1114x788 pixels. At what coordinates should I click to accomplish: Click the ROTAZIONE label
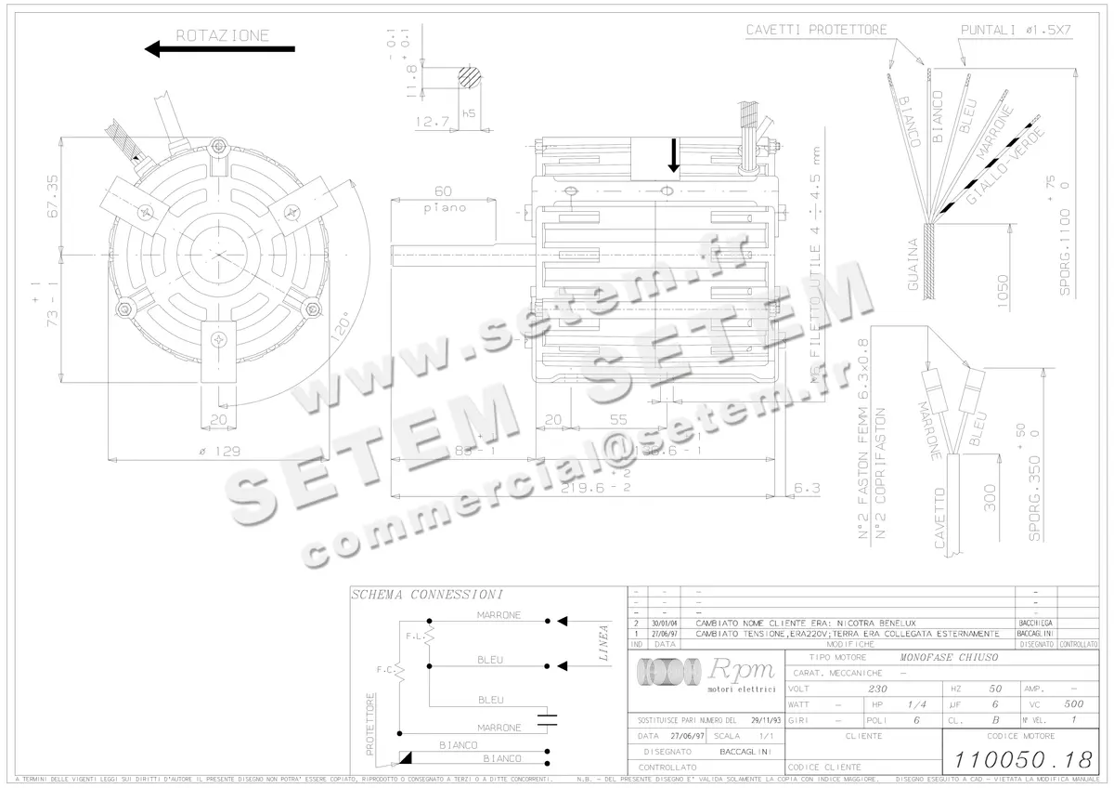point(223,36)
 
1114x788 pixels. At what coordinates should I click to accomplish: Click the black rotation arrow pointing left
point(219,49)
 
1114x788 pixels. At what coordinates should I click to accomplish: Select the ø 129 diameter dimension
point(221,452)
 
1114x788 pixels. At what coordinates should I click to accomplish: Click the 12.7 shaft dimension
point(433,121)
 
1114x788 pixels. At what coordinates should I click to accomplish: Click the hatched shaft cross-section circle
point(471,77)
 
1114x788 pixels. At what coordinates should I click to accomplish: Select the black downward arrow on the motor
point(674,155)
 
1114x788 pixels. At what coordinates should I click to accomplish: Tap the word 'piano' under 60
point(445,208)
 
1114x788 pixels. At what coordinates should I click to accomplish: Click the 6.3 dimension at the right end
point(808,487)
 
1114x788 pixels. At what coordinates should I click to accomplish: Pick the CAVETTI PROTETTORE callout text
point(816,30)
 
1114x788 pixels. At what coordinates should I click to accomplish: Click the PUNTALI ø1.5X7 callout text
point(1015,30)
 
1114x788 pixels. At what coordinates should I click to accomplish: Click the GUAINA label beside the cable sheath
point(913,266)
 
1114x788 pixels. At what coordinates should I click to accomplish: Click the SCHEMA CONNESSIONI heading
point(427,595)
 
